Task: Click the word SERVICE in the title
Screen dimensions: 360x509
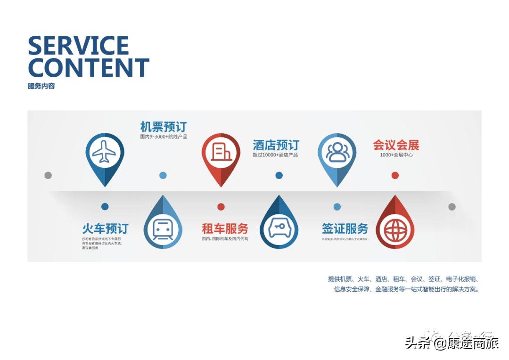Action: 78,46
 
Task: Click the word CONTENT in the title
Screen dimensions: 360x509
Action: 89,67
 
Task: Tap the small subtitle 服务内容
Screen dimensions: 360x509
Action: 41,86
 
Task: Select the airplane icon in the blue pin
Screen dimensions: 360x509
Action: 104,152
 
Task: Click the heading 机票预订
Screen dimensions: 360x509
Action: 164,127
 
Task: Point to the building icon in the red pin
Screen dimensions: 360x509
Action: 221,152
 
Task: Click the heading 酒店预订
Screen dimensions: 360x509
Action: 276,145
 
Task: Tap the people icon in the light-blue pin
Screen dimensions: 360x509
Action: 337,152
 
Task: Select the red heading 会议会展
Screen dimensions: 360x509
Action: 396,145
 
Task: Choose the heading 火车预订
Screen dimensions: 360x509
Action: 105,229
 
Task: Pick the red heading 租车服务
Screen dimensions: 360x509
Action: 225,229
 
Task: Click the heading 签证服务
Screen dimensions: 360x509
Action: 345,229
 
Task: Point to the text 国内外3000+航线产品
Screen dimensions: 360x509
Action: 164,137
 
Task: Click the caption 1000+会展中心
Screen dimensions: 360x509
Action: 396,155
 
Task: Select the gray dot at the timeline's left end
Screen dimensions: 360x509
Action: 48,175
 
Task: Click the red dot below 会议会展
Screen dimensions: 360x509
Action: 395,175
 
